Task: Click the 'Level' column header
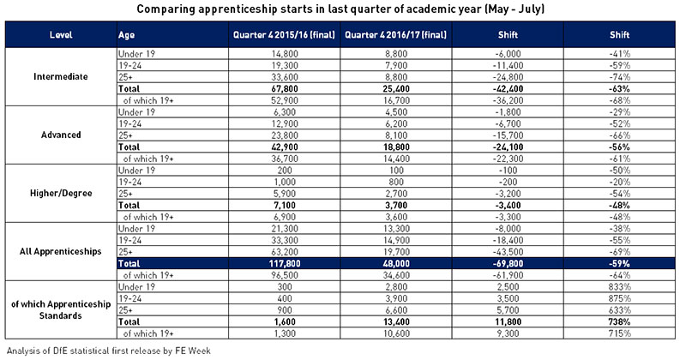61,35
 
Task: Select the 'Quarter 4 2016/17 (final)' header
395,35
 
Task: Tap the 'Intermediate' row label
61,76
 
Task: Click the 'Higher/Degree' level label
61,194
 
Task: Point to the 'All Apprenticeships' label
61,251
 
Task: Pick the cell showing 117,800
285,263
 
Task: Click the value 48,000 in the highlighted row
396,263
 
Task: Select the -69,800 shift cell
508,263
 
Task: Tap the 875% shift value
619,298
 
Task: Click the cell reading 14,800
285,54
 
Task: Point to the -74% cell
619,77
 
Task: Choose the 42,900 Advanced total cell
285,147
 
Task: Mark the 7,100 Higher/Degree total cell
285,205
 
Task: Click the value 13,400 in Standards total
396,322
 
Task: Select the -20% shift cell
619,182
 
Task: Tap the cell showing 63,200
285,252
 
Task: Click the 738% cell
619,322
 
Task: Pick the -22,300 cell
508,159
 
